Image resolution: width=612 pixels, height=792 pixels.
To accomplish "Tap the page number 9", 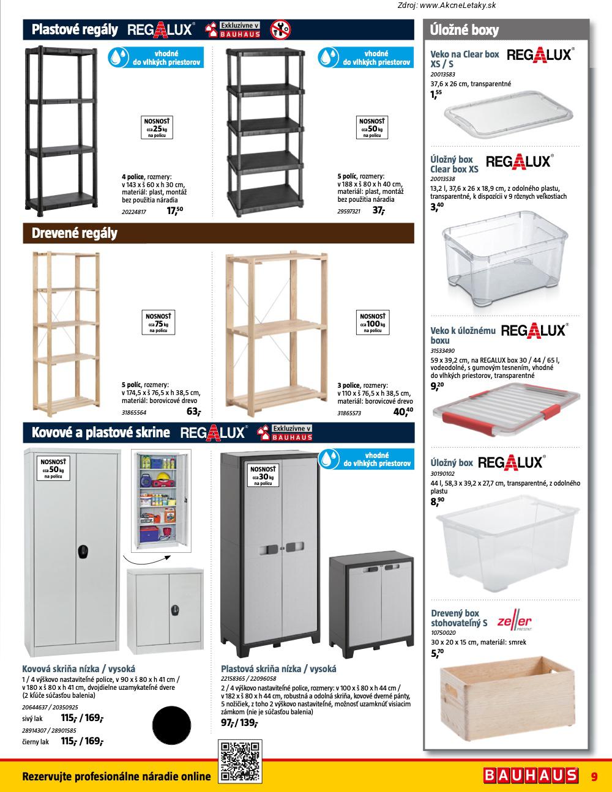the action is point(594,777).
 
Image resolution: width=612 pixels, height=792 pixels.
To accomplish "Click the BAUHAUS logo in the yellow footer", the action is point(531,775).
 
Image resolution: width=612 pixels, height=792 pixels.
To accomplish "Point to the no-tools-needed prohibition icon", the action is point(280,29).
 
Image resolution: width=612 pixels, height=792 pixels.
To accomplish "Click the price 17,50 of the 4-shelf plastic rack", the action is point(174,210).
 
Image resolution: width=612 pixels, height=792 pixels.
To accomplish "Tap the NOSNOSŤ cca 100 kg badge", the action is point(372,322).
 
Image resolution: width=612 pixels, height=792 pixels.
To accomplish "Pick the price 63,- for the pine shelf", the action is point(193,412).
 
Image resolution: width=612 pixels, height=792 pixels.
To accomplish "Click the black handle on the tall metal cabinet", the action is point(83,552).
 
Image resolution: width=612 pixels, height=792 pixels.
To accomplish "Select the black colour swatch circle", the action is point(171,725).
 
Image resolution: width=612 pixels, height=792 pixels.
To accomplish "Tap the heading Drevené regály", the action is point(75,233).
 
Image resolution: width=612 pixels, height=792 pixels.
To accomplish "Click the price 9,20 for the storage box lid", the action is point(437,386).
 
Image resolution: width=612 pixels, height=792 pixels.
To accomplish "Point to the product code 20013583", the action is point(442,75).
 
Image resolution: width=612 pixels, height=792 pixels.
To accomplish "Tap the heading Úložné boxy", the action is point(464,30).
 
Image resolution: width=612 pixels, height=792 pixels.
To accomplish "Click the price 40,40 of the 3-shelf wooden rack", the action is point(403,412).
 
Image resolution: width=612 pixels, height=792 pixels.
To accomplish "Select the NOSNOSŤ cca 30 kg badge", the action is point(263,475).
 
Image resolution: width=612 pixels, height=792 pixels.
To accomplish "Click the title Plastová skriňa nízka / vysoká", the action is point(278,669).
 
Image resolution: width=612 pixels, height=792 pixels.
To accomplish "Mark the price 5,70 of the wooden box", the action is point(437,654).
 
